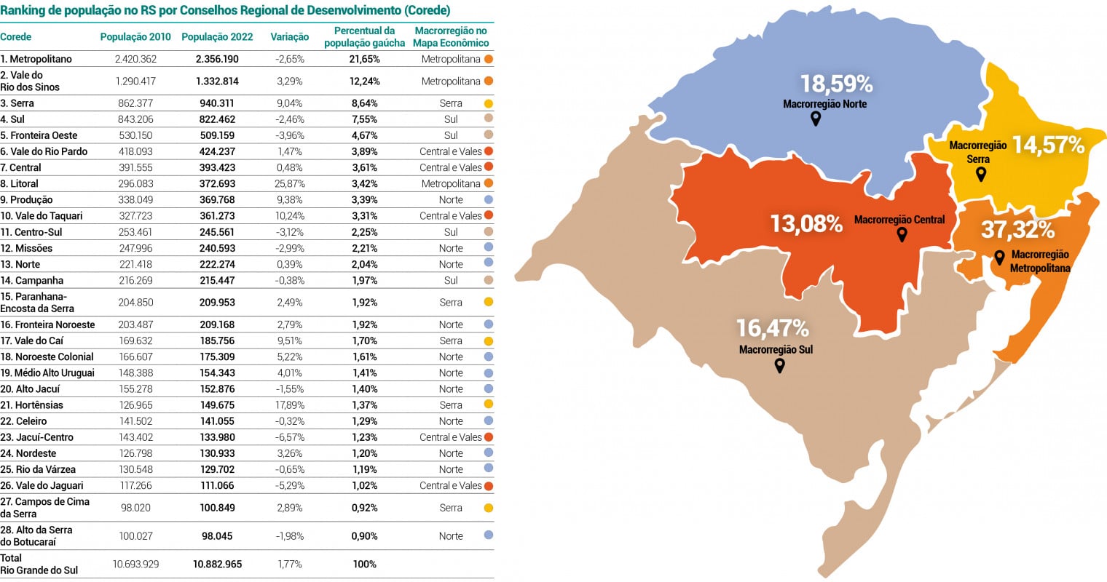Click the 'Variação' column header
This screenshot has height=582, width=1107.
pyautogui.click(x=289, y=37)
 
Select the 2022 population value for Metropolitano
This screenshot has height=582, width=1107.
pyautogui.click(x=217, y=59)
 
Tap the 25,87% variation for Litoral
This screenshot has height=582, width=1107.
pyautogui.click(x=289, y=184)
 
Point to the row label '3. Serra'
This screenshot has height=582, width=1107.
pyautogui.click(x=17, y=103)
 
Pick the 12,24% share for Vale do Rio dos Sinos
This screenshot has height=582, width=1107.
pyautogui.click(x=364, y=81)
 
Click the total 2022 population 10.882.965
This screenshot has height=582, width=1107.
pyautogui.click(x=217, y=565)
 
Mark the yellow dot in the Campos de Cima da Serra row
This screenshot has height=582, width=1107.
pyautogui.click(x=489, y=508)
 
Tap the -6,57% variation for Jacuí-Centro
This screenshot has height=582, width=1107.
pyautogui.click(x=289, y=437)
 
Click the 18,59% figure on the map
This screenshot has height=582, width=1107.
pyautogui.click(x=836, y=84)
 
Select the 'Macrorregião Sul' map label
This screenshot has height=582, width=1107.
pyautogui.click(x=776, y=350)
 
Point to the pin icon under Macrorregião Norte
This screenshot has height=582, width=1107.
pyautogui.click(x=816, y=118)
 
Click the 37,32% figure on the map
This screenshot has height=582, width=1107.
pyautogui.click(x=1017, y=230)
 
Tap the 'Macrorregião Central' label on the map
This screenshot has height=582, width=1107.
pyautogui.click(x=899, y=220)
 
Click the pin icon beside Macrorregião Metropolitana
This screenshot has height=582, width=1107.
pyautogui.click(x=999, y=257)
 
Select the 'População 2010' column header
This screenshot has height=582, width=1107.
pyautogui.click(x=135, y=37)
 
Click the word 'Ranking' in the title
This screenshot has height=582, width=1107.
pyautogui.click(x=20, y=10)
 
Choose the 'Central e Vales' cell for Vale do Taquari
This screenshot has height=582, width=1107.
pyautogui.click(x=450, y=216)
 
